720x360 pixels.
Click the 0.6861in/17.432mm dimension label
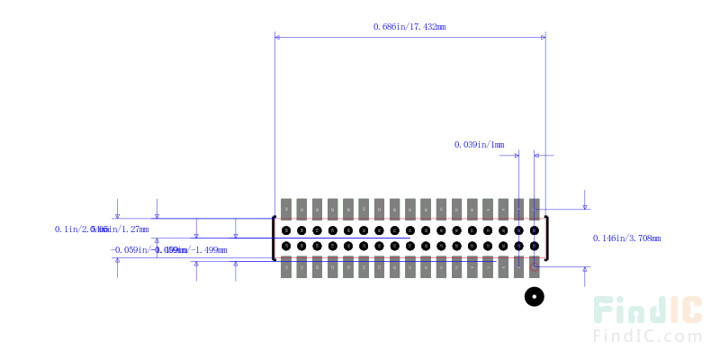point(409,26)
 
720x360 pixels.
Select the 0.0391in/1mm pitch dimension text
point(479,144)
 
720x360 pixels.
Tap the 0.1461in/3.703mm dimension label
point(626,238)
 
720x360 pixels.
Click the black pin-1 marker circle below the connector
point(535,296)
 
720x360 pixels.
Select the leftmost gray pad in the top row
point(286,208)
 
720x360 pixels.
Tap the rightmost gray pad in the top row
point(535,208)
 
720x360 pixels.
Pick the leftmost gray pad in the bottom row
point(286,267)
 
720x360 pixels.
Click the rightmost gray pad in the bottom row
point(535,267)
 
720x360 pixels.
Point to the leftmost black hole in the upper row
point(286,229)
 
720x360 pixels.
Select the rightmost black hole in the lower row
point(535,246)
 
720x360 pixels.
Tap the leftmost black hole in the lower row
point(286,246)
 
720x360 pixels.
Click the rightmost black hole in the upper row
point(535,229)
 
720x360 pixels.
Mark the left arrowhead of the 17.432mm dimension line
point(278,37)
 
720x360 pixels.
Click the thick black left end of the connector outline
point(274,238)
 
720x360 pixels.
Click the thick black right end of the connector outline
point(546,238)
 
